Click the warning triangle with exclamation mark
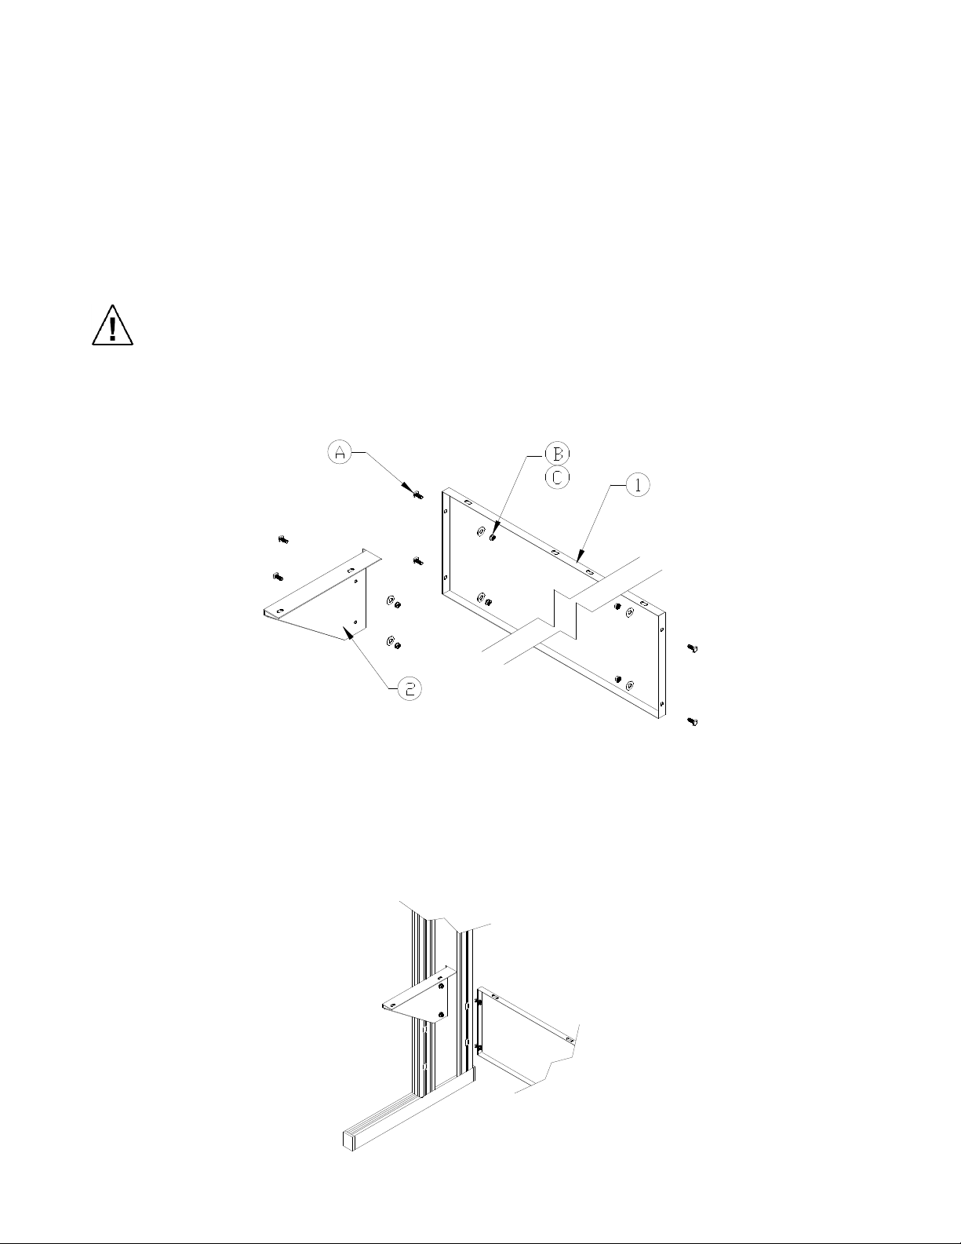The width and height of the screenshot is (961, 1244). (x=112, y=326)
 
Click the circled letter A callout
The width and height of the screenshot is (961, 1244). (x=340, y=452)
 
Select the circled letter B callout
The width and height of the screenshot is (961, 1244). (x=556, y=454)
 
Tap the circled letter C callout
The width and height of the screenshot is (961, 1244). (x=556, y=477)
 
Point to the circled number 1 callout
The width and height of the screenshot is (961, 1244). (x=637, y=487)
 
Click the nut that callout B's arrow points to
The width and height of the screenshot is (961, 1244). (x=492, y=538)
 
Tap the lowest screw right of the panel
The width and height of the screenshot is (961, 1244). (x=692, y=720)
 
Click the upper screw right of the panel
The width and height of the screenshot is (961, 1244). (x=692, y=648)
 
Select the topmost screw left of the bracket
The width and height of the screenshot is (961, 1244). (x=283, y=539)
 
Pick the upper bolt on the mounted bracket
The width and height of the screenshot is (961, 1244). (x=442, y=986)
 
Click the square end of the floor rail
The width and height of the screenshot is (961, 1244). (x=349, y=1139)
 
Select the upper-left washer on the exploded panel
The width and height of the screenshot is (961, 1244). (x=480, y=533)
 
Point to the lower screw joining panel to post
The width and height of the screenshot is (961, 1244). (x=478, y=1048)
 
